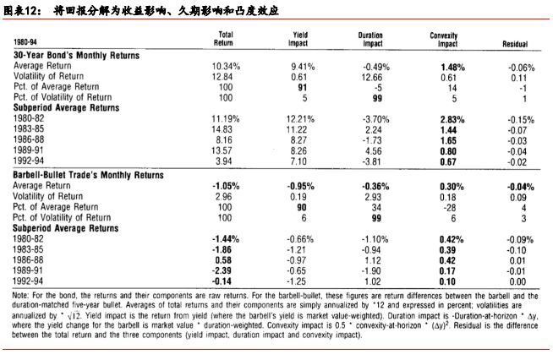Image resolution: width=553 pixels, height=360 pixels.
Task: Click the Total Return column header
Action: (x=223, y=38)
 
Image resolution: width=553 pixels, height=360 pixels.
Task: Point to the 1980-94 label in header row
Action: (x=26, y=41)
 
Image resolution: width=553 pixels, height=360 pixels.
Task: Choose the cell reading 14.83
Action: (x=221, y=130)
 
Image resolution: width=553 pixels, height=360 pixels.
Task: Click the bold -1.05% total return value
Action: (x=222, y=183)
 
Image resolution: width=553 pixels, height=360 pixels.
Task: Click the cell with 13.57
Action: (x=221, y=152)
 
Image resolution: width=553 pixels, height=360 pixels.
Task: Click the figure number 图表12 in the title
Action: (x=22, y=10)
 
